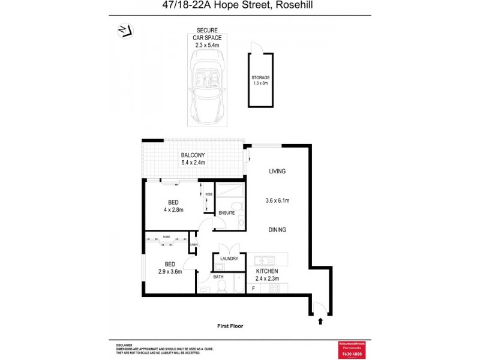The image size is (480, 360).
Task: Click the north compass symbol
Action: tap(126, 31)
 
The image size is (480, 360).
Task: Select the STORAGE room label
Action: tap(260, 78)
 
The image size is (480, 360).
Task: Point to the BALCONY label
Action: tap(193, 155)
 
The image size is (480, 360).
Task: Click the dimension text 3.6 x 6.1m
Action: tap(277, 200)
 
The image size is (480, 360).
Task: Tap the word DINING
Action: tap(277, 230)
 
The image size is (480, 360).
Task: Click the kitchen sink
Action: tap(263, 260)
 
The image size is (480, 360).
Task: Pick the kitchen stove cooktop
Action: tap(274, 289)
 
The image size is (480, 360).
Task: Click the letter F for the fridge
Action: tap(254, 289)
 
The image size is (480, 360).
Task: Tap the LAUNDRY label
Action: tap(229, 259)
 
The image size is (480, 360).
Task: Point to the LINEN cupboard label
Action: tap(193, 245)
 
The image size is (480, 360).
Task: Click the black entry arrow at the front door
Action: tap(320, 322)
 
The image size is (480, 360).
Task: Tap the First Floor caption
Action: tap(230, 326)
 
